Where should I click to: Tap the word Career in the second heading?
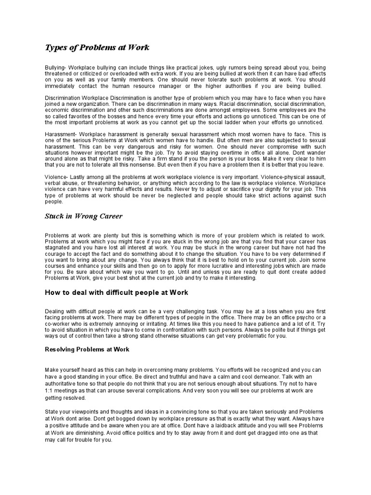pos(108,216)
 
